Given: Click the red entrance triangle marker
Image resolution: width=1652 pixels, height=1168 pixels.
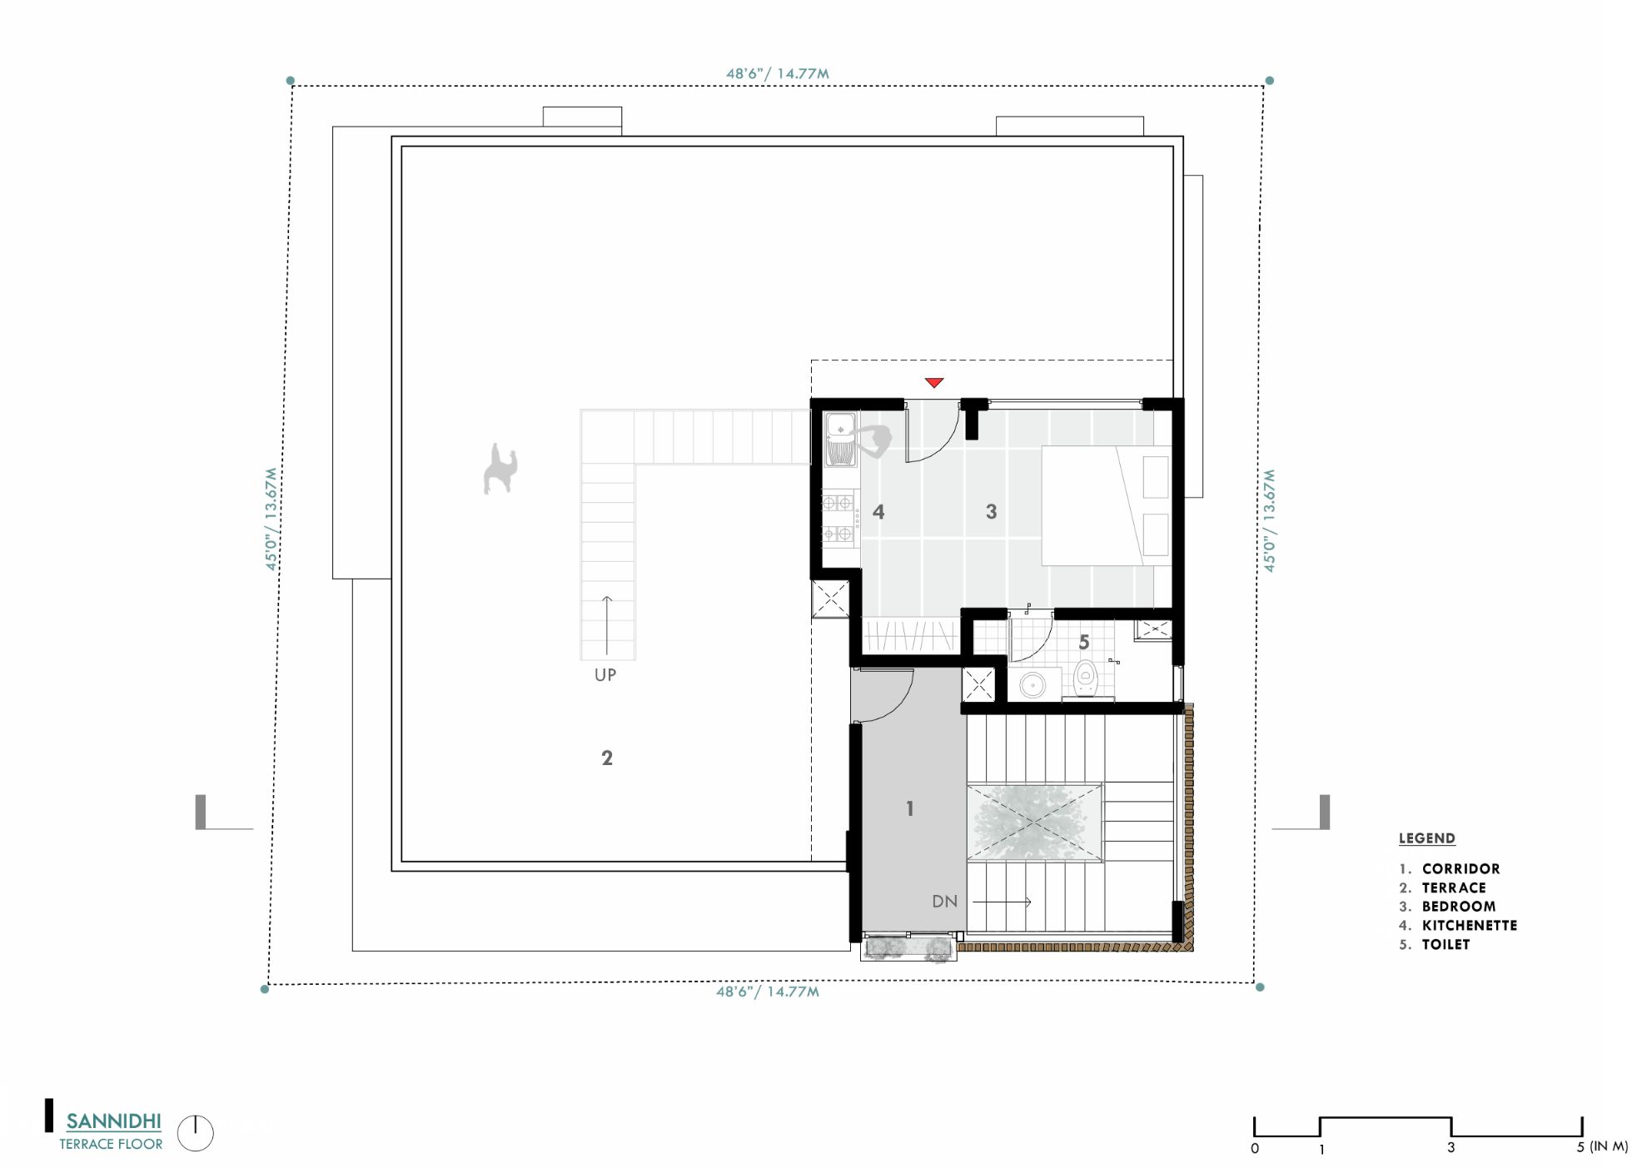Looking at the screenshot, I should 933,383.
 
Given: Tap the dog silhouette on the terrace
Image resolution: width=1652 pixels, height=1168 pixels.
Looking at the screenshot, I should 500,470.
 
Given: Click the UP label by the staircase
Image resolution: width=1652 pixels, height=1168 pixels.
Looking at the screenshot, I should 605,675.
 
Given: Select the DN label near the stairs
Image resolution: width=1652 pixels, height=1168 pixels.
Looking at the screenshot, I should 944,902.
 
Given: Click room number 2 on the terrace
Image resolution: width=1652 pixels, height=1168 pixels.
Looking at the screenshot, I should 607,758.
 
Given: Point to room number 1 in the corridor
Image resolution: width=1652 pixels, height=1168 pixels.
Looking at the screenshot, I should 910,808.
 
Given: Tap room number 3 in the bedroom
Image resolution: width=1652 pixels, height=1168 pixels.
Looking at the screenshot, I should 991,512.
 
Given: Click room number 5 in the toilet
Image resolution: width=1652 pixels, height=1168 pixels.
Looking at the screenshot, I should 1083,643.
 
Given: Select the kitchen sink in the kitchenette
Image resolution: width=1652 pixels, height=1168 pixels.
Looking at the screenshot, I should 840,440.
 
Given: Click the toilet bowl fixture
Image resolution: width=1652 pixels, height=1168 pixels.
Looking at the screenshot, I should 1085,678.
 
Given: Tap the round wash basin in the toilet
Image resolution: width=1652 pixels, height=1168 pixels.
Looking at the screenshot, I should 1032,686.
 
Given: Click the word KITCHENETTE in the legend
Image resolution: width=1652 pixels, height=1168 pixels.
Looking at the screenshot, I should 1469,926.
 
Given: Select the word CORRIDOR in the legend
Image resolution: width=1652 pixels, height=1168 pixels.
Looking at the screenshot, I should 1460,869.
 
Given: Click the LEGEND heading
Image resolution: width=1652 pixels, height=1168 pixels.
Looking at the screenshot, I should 1426,838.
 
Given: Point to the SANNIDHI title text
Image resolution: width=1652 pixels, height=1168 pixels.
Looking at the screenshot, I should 113,1121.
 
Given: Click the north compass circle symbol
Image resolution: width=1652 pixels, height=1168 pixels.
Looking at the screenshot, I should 196,1134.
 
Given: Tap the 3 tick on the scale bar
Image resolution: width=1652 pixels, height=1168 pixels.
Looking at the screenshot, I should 1450,1147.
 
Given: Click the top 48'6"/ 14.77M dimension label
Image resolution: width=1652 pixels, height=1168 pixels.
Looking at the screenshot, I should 777,73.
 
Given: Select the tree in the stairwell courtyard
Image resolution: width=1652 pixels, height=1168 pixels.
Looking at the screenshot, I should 1032,822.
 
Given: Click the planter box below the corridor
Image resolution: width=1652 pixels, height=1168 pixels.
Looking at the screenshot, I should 908,948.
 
